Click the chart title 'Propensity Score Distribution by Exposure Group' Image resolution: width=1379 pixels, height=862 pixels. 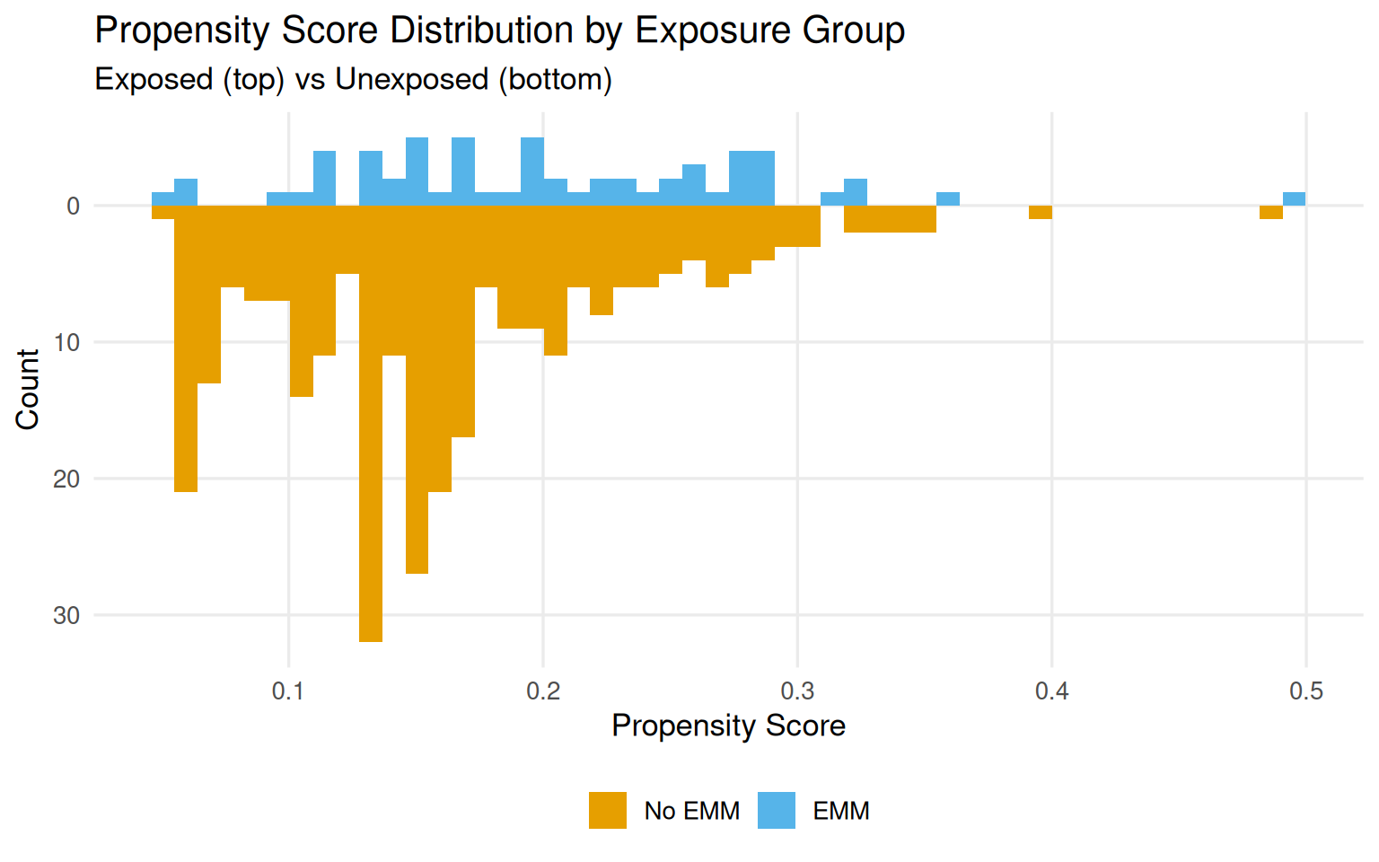499,31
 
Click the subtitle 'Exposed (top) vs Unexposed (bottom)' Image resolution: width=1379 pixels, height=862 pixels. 353,80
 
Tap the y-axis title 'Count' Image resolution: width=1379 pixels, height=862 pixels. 28,390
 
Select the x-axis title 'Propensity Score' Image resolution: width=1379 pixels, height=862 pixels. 728,726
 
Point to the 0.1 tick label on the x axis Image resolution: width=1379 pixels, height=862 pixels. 288,690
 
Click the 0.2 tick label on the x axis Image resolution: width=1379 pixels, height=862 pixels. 542,690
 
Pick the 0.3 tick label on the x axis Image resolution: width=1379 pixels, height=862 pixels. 797,690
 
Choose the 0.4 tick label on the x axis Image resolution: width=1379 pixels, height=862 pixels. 1051,690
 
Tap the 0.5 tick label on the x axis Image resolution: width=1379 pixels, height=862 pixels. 1306,690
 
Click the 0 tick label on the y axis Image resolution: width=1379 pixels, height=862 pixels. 74,207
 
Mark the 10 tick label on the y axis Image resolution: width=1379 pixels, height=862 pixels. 66,343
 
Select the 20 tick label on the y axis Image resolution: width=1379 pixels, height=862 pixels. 66,479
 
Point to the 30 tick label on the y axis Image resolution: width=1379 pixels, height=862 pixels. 66,616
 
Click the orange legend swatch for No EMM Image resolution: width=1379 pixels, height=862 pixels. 608,810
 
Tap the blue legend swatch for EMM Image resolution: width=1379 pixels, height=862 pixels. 777,810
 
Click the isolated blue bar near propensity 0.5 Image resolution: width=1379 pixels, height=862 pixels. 1294,199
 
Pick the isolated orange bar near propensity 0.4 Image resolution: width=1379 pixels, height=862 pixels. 1040,213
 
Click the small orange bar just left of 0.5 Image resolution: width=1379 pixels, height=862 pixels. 1270,213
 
